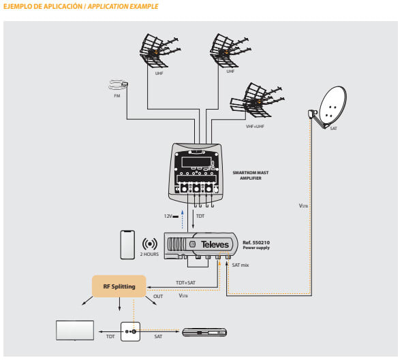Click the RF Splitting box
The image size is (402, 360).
click(x=119, y=287)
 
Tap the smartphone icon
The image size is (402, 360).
click(x=127, y=245)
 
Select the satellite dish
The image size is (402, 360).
click(x=328, y=107)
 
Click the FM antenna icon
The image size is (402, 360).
click(x=118, y=84)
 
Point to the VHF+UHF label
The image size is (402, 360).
click(x=255, y=127)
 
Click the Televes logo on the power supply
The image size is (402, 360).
click(x=215, y=244)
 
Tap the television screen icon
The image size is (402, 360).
click(x=75, y=331)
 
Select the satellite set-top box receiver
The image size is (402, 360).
click(x=204, y=332)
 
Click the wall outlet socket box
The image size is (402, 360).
click(x=131, y=331)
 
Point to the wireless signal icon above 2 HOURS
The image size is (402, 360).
click(x=150, y=244)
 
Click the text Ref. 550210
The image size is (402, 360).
click(x=256, y=242)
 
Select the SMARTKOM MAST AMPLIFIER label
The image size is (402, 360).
click(x=251, y=176)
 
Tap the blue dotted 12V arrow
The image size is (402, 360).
click(x=183, y=219)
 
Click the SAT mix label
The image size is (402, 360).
click(x=241, y=265)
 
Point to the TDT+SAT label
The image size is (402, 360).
click(x=185, y=282)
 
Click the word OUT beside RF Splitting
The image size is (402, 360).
click(x=158, y=296)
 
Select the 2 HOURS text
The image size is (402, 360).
click(x=149, y=255)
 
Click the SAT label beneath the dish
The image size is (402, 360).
click(x=334, y=129)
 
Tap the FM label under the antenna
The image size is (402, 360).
click(x=117, y=96)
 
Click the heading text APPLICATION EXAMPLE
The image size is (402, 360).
click(x=123, y=6)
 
